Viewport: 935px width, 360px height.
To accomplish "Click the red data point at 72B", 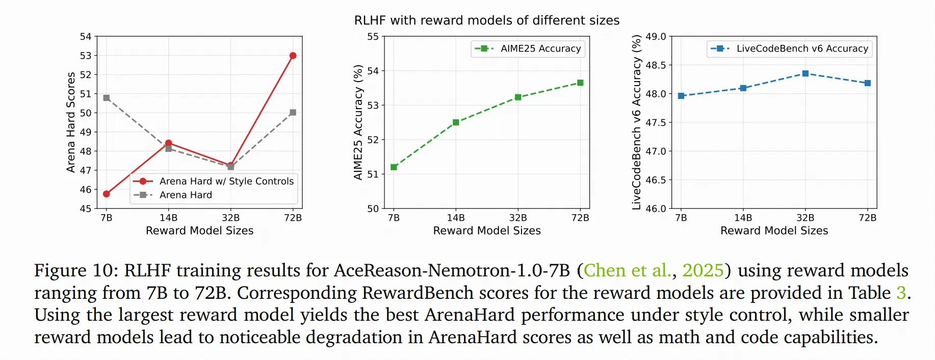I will pos(293,56).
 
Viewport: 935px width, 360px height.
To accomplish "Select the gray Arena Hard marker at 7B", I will pos(107,98).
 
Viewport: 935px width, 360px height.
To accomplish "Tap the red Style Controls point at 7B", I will pos(107,194).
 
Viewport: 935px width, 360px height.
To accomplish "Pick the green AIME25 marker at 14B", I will pos(456,122).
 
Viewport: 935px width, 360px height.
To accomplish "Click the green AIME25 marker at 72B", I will pos(580,83).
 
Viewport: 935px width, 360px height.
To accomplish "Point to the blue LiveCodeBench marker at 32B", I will pos(806,73).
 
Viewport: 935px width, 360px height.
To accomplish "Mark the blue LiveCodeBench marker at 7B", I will pos(681,96).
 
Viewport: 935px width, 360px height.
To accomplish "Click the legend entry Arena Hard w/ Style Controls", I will pos(226,181).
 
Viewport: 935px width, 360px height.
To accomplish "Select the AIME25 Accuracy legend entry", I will pos(540,48).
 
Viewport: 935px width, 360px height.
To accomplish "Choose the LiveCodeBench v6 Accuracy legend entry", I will pos(802,48).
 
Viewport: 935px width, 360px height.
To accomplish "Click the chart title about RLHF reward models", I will pos(487,20).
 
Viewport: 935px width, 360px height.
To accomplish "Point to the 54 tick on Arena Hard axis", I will pos(86,37).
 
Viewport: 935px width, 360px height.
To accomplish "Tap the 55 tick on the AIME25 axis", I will pos(373,37).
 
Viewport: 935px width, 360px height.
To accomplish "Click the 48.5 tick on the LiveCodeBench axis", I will pos(656,65).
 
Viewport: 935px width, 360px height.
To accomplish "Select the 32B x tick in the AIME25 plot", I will pos(518,218).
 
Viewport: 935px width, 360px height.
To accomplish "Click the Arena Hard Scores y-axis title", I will pos(71,122).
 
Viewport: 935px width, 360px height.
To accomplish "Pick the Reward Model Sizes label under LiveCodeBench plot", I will pos(774,230).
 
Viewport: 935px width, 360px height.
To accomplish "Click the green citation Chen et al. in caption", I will pos(627,270).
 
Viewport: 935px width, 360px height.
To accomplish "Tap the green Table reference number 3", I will pos(901,293).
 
